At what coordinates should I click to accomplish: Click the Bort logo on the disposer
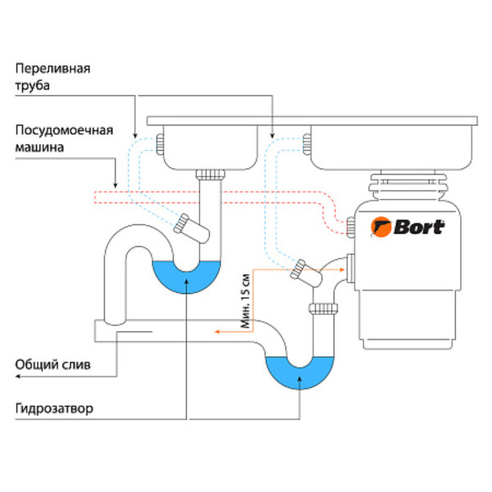click(x=408, y=226)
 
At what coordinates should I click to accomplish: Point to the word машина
click(x=39, y=147)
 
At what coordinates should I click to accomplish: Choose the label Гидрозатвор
click(x=55, y=407)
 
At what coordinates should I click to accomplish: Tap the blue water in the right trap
click(x=298, y=373)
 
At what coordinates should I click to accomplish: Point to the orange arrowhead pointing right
click(x=340, y=266)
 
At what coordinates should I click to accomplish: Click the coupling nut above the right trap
click(x=323, y=308)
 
